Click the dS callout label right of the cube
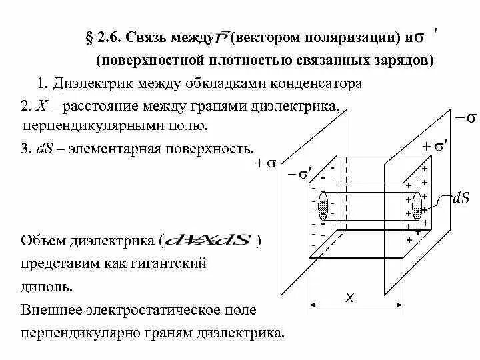pyautogui.click(x=461, y=198)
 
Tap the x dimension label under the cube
pyautogui.click(x=349, y=298)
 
